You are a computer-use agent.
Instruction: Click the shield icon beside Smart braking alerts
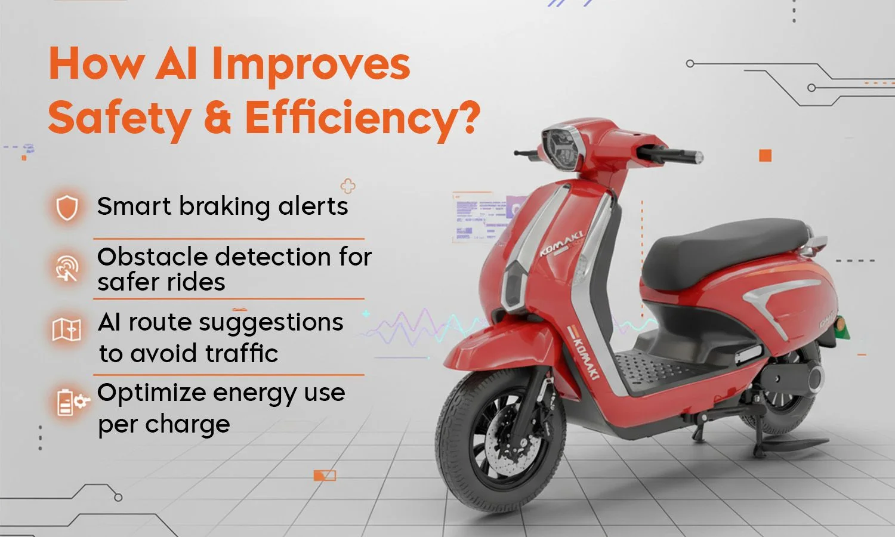coord(67,207)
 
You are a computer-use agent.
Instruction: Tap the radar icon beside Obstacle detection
coord(67,267)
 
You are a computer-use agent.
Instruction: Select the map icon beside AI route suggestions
coord(66,329)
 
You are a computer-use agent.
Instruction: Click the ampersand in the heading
coord(217,118)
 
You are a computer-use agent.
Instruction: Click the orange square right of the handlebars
coord(765,156)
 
